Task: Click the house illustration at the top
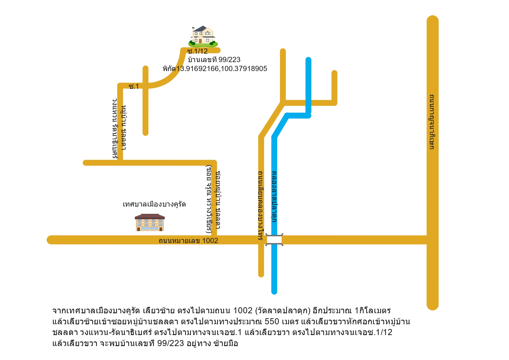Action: tap(203, 37)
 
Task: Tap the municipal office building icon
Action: tap(150, 222)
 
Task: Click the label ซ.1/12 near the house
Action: tap(198, 51)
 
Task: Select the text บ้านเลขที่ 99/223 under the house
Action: tap(214, 60)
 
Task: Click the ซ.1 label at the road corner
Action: tap(134, 86)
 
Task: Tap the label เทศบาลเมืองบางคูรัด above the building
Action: tap(154, 204)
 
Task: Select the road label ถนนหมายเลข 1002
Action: tap(188, 240)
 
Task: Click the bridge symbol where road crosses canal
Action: tap(274, 240)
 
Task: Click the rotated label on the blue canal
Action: tap(274, 196)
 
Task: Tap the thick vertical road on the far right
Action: tap(432, 163)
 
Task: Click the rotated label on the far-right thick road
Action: tap(432, 122)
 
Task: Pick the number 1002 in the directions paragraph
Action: tap(243, 310)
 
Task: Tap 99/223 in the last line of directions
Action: tap(171, 343)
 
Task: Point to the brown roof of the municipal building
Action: tap(150, 216)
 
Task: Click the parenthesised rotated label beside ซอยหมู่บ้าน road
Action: tap(209, 200)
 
